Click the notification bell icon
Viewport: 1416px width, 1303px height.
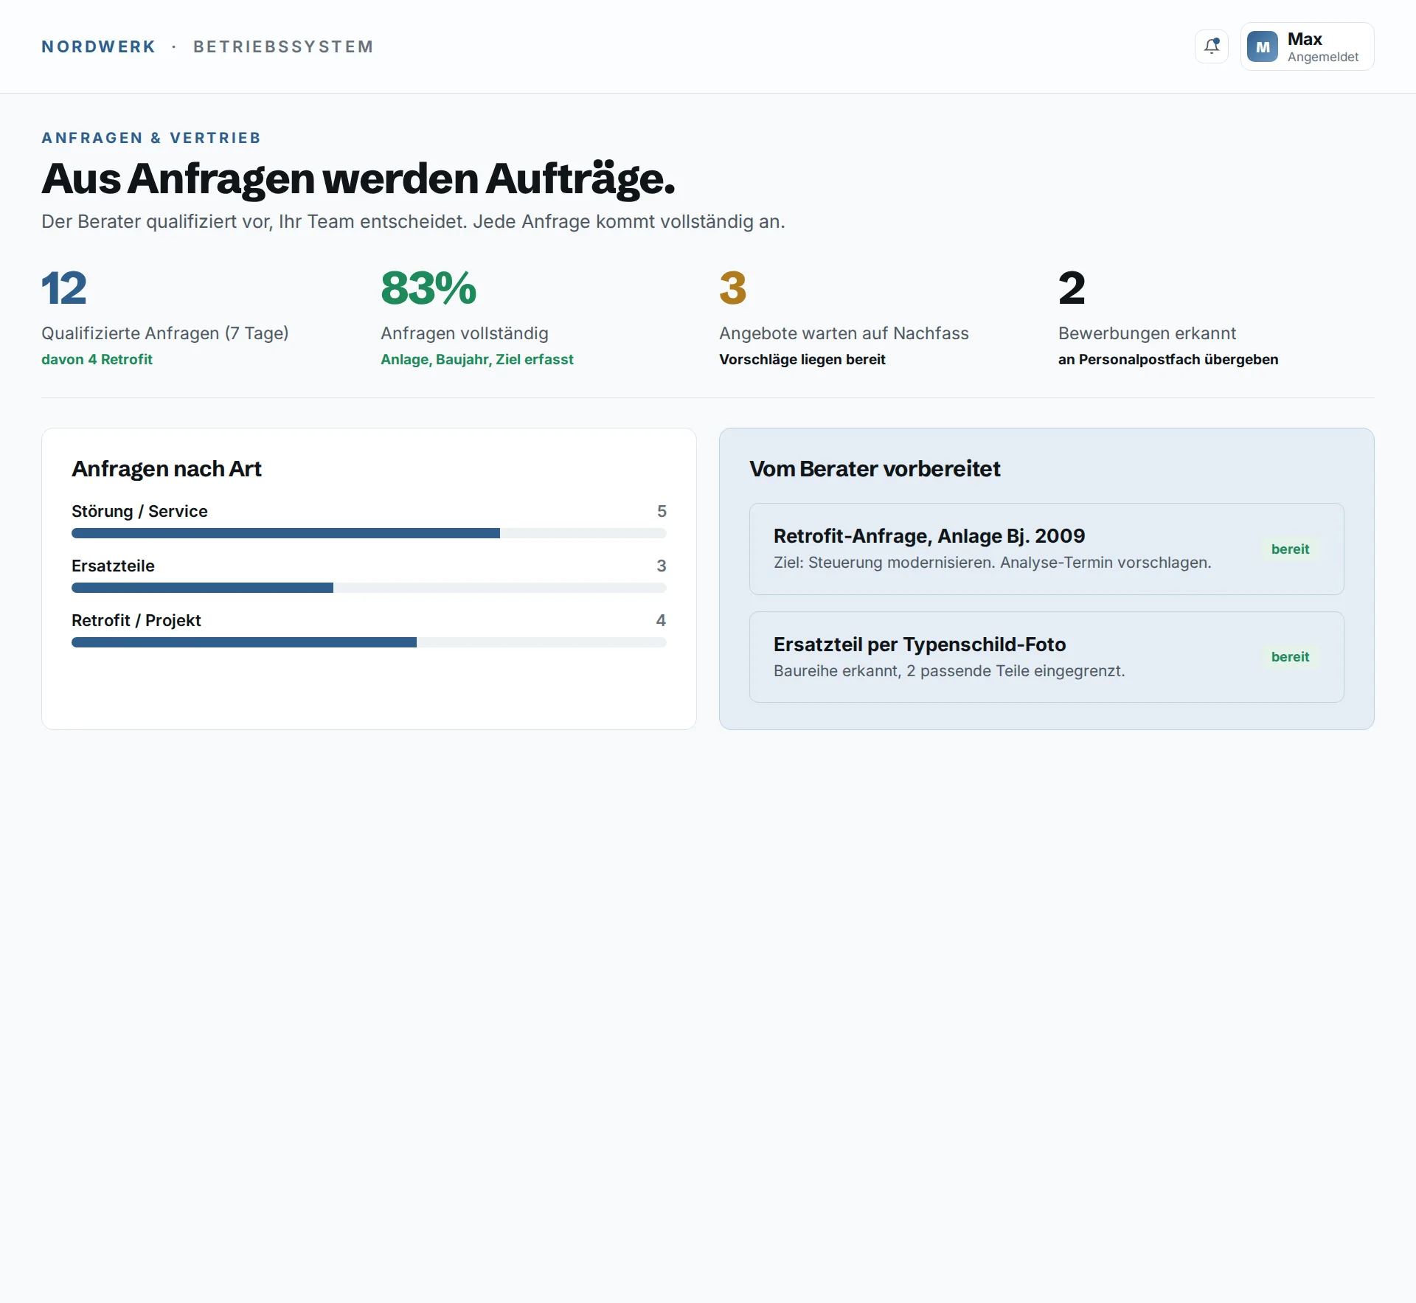tap(1212, 46)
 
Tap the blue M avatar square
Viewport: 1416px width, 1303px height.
tap(1263, 46)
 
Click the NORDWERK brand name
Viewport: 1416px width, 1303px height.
tap(99, 46)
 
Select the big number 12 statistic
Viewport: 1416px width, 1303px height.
tap(64, 288)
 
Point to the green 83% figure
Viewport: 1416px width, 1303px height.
tap(428, 288)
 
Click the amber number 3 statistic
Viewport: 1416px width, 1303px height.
tap(733, 288)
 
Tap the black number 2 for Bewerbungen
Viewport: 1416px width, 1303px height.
tap(1072, 288)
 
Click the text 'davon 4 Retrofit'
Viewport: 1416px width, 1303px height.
tap(97, 359)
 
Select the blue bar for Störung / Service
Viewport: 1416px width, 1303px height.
tap(285, 533)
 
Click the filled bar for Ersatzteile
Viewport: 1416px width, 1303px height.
tap(202, 588)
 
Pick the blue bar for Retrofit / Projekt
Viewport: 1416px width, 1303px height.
tap(244, 642)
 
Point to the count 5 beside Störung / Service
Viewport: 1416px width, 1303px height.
tap(662, 511)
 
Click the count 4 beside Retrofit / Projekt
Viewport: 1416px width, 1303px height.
tap(661, 620)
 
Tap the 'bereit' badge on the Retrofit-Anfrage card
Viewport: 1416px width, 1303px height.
tap(1290, 549)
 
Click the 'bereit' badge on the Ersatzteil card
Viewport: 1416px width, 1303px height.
tap(1290, 657)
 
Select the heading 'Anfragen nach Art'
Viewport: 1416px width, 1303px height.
tap(167, 469)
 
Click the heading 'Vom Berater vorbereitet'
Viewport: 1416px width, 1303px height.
tap(875, 469)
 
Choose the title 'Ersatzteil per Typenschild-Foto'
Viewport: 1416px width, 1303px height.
tap(920, 644)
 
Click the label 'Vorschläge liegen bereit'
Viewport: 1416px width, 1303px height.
tap(802, 359)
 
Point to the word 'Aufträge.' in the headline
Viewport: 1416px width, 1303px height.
tap(580, 179)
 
